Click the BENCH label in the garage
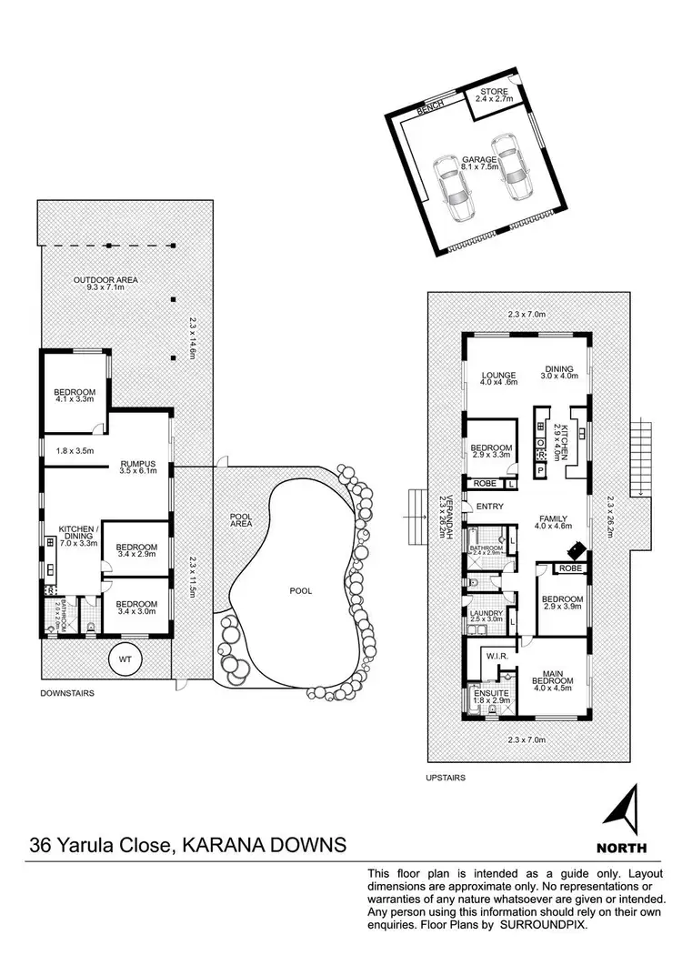(430, 107)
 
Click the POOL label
(301, 590)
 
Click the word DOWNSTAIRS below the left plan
(67, 692)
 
